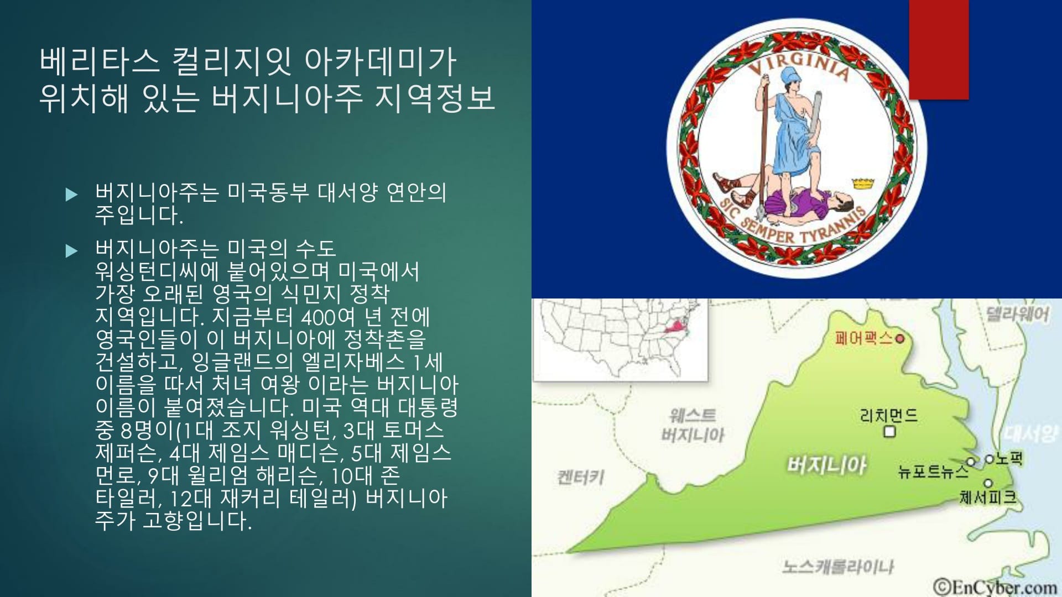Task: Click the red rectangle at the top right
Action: pos(939,50)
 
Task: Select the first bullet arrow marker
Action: pos(71,194)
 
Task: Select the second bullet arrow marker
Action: pos(71,251)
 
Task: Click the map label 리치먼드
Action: pos(889,415)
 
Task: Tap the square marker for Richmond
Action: pos(889,431)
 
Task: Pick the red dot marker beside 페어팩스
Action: pos(900,338)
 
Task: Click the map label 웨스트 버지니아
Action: pos(693,425)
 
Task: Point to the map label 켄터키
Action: pos(580,476)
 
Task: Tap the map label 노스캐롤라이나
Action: pos(838,567)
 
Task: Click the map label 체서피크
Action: pos(988,497)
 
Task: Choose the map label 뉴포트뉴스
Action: pos(933,472)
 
